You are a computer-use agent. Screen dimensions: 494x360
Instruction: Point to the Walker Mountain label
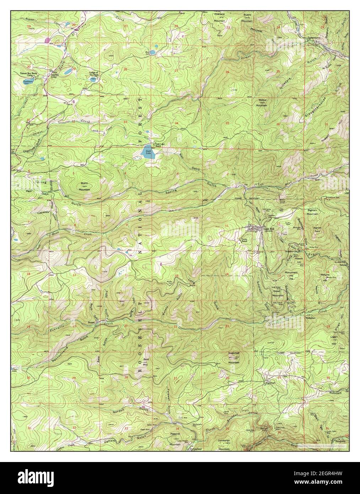(x=262, y=103)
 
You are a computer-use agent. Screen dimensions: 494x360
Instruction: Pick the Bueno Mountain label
(x=247, y=17)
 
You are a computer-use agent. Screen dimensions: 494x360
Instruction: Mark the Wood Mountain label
(x=277, y=294)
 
